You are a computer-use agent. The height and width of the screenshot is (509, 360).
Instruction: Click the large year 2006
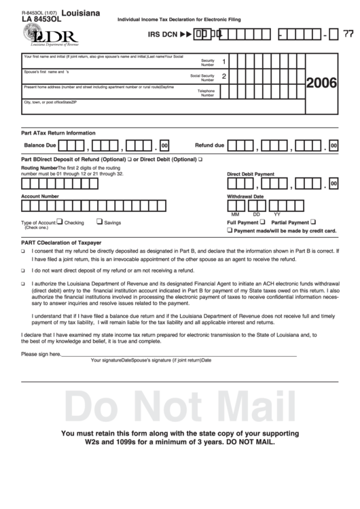(322, 84)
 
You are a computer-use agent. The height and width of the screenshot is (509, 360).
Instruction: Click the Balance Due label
(40, 145)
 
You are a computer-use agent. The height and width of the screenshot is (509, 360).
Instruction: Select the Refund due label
(209, 145)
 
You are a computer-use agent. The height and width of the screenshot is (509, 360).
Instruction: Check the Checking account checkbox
(60, 221)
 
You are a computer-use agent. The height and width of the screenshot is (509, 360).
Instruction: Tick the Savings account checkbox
(99, 221)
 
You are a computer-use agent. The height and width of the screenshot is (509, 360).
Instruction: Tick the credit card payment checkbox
(230, 230)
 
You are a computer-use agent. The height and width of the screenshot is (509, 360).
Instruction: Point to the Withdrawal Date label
(245, 196)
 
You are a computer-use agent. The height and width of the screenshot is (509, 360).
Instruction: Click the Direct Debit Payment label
(251, 174)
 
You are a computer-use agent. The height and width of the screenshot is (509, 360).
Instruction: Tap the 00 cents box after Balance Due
(164, 145)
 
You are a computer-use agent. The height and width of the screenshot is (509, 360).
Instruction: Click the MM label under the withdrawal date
(236, 215)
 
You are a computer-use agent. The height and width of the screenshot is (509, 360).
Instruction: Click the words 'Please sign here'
(41, 354)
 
